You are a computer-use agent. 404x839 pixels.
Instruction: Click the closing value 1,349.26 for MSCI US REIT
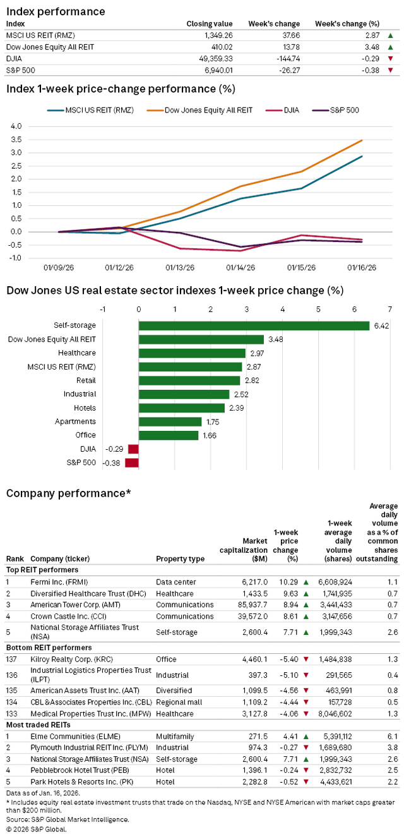coord(216,35)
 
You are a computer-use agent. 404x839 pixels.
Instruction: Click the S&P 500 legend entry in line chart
coord(345,110)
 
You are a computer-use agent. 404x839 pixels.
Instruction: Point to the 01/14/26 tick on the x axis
coord(241,268)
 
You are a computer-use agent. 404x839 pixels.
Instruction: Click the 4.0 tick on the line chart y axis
coord(16,126)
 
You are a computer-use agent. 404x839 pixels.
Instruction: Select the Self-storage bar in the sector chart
coord(254,326)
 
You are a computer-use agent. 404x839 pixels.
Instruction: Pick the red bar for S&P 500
coord(131,463)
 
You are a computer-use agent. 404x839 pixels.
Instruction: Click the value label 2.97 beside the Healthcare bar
coord(256,353)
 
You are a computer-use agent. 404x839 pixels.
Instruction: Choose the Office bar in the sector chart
coord(168,435)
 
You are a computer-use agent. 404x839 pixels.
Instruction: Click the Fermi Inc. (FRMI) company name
coord(60,581)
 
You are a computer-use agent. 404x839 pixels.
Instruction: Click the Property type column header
coord(180,558)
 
